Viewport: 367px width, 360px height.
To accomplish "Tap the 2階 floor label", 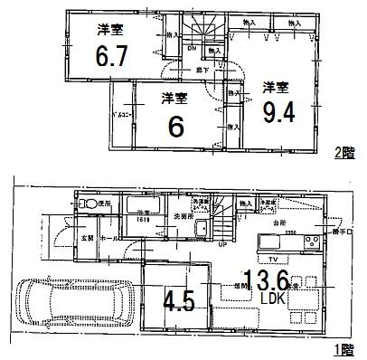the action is [x=343, y=152].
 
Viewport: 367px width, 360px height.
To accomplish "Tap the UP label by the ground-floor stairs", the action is [x=222, y=242].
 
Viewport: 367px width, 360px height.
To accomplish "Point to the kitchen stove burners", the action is [x=309, y=242].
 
